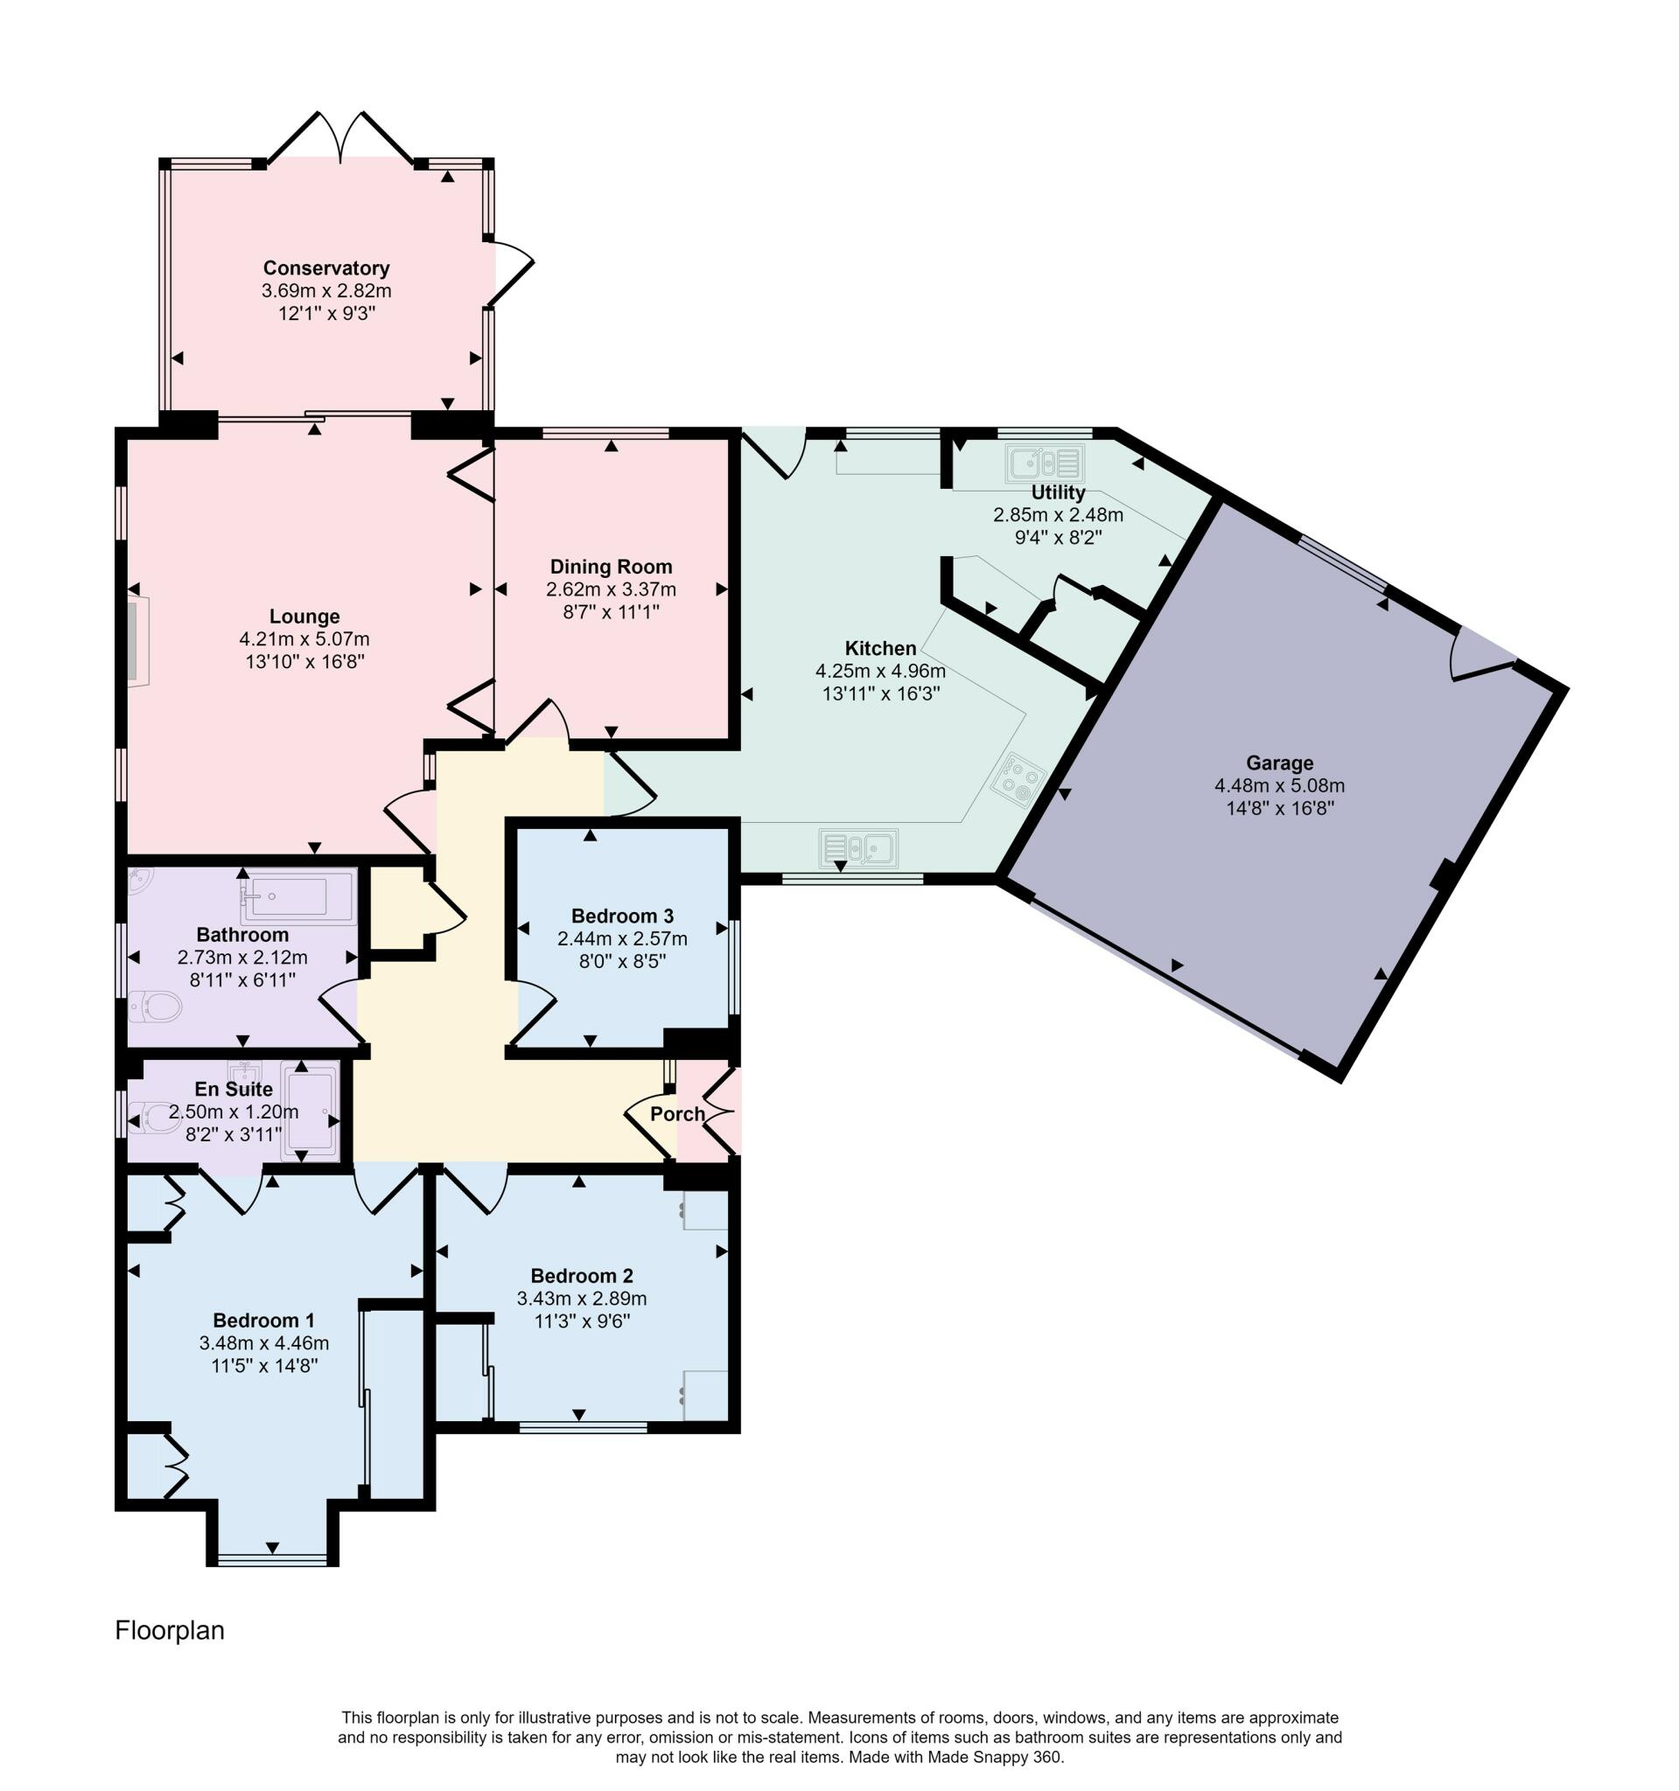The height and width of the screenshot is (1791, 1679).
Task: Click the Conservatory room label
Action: click(326, 268)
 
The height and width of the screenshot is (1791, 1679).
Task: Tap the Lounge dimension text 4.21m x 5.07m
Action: click(304, 639)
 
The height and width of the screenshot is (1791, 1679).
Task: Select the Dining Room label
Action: click(611, 567)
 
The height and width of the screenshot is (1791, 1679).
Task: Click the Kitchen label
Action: click(880, 649)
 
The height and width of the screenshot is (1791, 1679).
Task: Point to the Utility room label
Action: click(1058, 493)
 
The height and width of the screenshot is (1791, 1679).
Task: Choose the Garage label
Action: click(1280, 763)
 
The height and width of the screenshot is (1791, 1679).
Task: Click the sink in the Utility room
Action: click(1045, 464)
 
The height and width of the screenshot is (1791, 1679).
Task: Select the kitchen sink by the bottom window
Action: click(859, 848)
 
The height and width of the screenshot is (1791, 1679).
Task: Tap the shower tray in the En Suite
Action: click(310, 1112)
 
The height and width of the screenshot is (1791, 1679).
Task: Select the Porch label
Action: click(678, 1114)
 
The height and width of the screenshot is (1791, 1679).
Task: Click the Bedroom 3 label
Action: click(622, 916)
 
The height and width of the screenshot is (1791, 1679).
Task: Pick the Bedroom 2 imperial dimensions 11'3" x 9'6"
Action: click(581, 1321)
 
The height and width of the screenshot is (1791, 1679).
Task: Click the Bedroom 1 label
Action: click(263, 1321)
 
